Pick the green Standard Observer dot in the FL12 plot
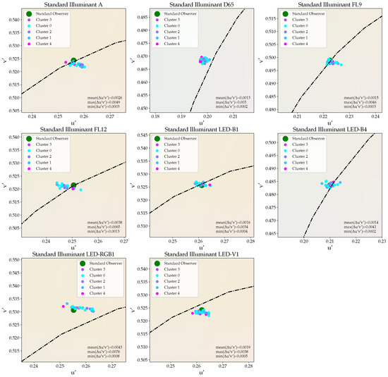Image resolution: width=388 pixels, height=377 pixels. [73, 185]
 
